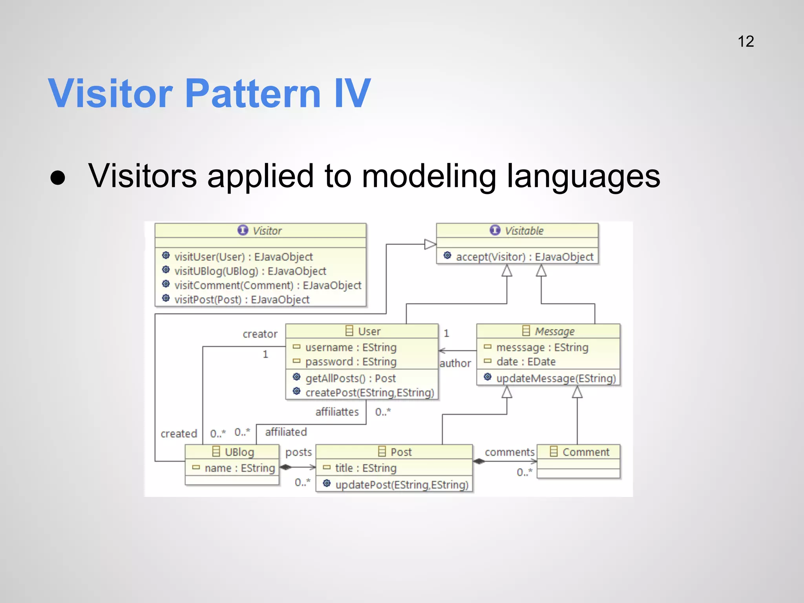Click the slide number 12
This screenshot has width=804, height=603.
(x=746, y=42)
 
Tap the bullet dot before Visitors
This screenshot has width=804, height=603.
(x=58, y=177)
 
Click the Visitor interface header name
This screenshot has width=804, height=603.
(x=267, y=231)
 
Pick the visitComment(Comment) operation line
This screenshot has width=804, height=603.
(x=268, y=285)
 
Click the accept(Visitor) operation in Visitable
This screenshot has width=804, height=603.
(x=524, y=257)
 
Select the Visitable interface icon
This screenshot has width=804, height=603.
(x=495, y=230)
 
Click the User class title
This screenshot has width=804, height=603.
(x=369, y=331)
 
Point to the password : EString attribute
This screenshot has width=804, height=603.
(x=351, y=362)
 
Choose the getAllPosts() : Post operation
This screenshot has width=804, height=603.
(x=350, y=378)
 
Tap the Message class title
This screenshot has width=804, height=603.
(x=554, y=331)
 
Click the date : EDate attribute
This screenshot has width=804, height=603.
(x=526, y=362)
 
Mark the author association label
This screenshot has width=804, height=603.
(x=455, y=364)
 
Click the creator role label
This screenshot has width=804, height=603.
(x=260, y=334)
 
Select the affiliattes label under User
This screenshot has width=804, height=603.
(x=337, y=412)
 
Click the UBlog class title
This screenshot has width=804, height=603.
(x=239, y=452)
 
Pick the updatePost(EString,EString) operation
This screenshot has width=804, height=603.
(x=402, y=485)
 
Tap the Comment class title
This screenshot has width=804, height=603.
(x=586, y=452)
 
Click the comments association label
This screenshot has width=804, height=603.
(x=509, y=452)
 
